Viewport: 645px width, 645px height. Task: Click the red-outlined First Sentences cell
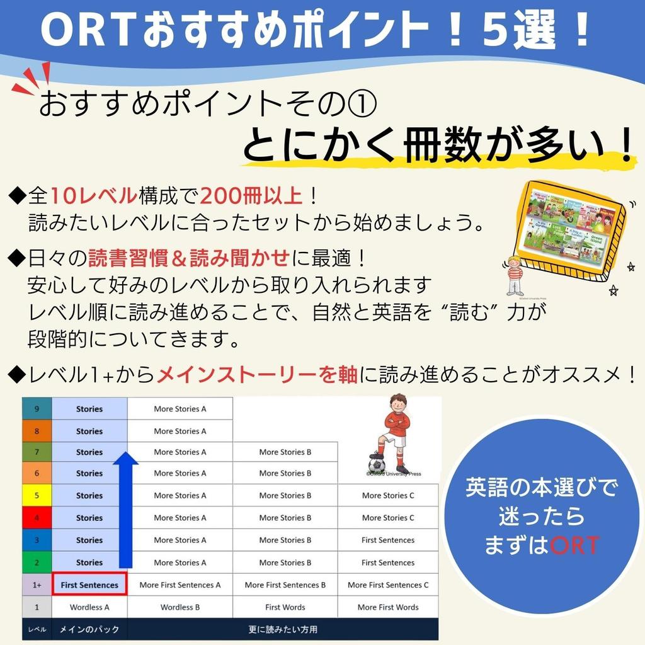point(89,585)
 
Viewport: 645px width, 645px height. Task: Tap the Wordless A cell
point(89,607)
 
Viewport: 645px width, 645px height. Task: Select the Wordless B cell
point(180,607)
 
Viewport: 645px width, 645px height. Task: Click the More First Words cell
point(388,607)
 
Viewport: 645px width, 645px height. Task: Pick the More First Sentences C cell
point(388,585)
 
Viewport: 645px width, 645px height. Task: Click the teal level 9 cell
point(37,409)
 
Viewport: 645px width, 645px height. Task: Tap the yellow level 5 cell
point(37,496)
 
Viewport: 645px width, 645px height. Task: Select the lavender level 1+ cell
point(37,585)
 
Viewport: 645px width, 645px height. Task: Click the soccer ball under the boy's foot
point(377,465)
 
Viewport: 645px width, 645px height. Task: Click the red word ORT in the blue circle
point(574,545)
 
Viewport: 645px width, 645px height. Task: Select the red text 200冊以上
point(253,196)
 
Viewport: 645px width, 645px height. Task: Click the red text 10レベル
point(93,196)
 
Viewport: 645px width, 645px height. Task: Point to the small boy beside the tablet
point(515,275)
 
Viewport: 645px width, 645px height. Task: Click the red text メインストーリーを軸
point(257,375)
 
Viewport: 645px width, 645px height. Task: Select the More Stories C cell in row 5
point(388,496)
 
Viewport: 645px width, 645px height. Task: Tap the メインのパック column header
point(89,629)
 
